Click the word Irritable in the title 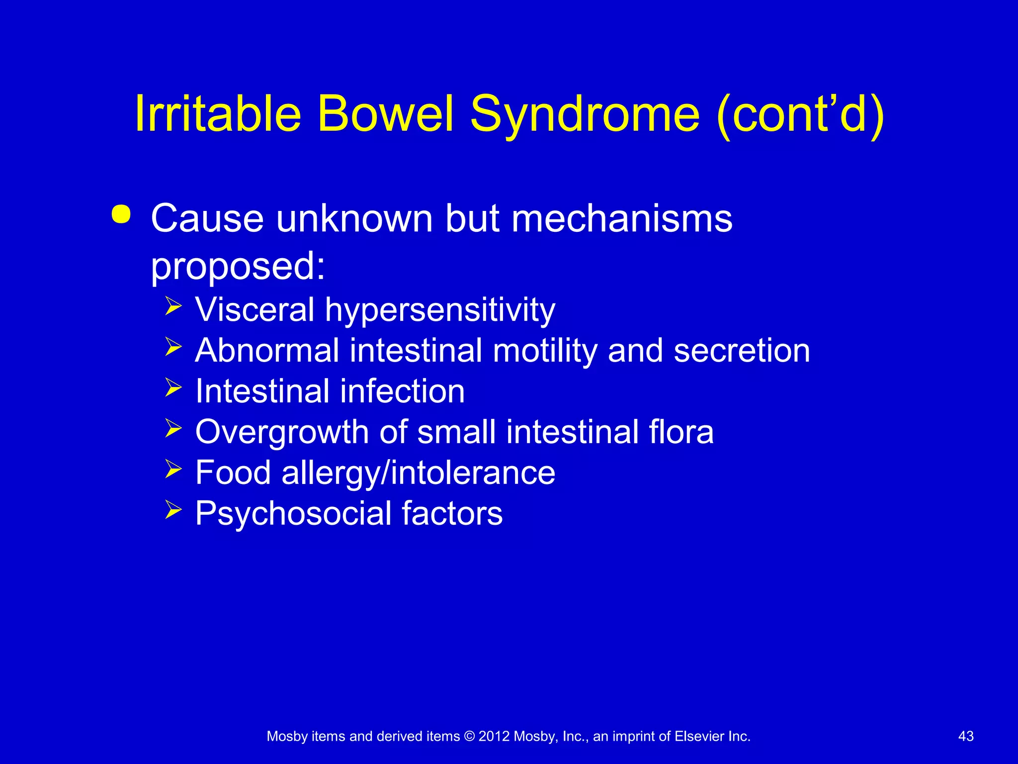(218, 114)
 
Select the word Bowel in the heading (386, 114)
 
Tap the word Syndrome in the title (585, 114)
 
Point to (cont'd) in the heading (801, 114)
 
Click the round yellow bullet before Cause (121, 215)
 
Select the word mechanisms (622, 219)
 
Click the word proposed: (238, 266)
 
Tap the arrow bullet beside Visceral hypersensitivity (173, 306)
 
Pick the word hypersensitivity (440, 310)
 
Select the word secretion (742, 351)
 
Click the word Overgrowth (282, 432)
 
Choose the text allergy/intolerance (418, 473)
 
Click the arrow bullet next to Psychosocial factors (173, 510)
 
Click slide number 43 (965, 736)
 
